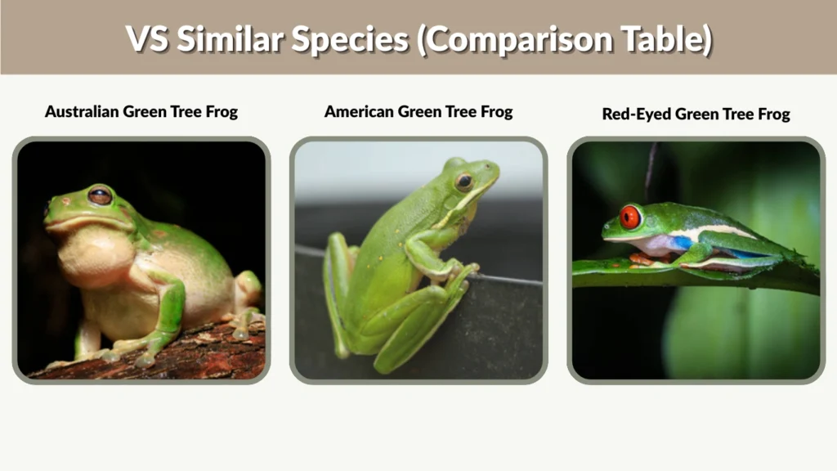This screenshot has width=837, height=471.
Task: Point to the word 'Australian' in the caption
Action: pyautogui.click(x=82, y=112)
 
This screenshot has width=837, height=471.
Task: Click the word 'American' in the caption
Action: pyautogui.click(x=359, y=111)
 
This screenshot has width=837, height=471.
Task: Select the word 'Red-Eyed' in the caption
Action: pyautogui.click(x=636, y=114)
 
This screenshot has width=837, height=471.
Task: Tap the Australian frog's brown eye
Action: pyautogui.click(x=100, y=195)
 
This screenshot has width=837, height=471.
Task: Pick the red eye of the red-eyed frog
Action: pyautogui.click(x=629, y=217)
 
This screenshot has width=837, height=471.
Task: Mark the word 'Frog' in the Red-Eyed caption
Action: pyautogui.click(x=772, y=114)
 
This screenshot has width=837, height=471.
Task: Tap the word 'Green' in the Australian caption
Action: pyautogui.click(x=145, y=112)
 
